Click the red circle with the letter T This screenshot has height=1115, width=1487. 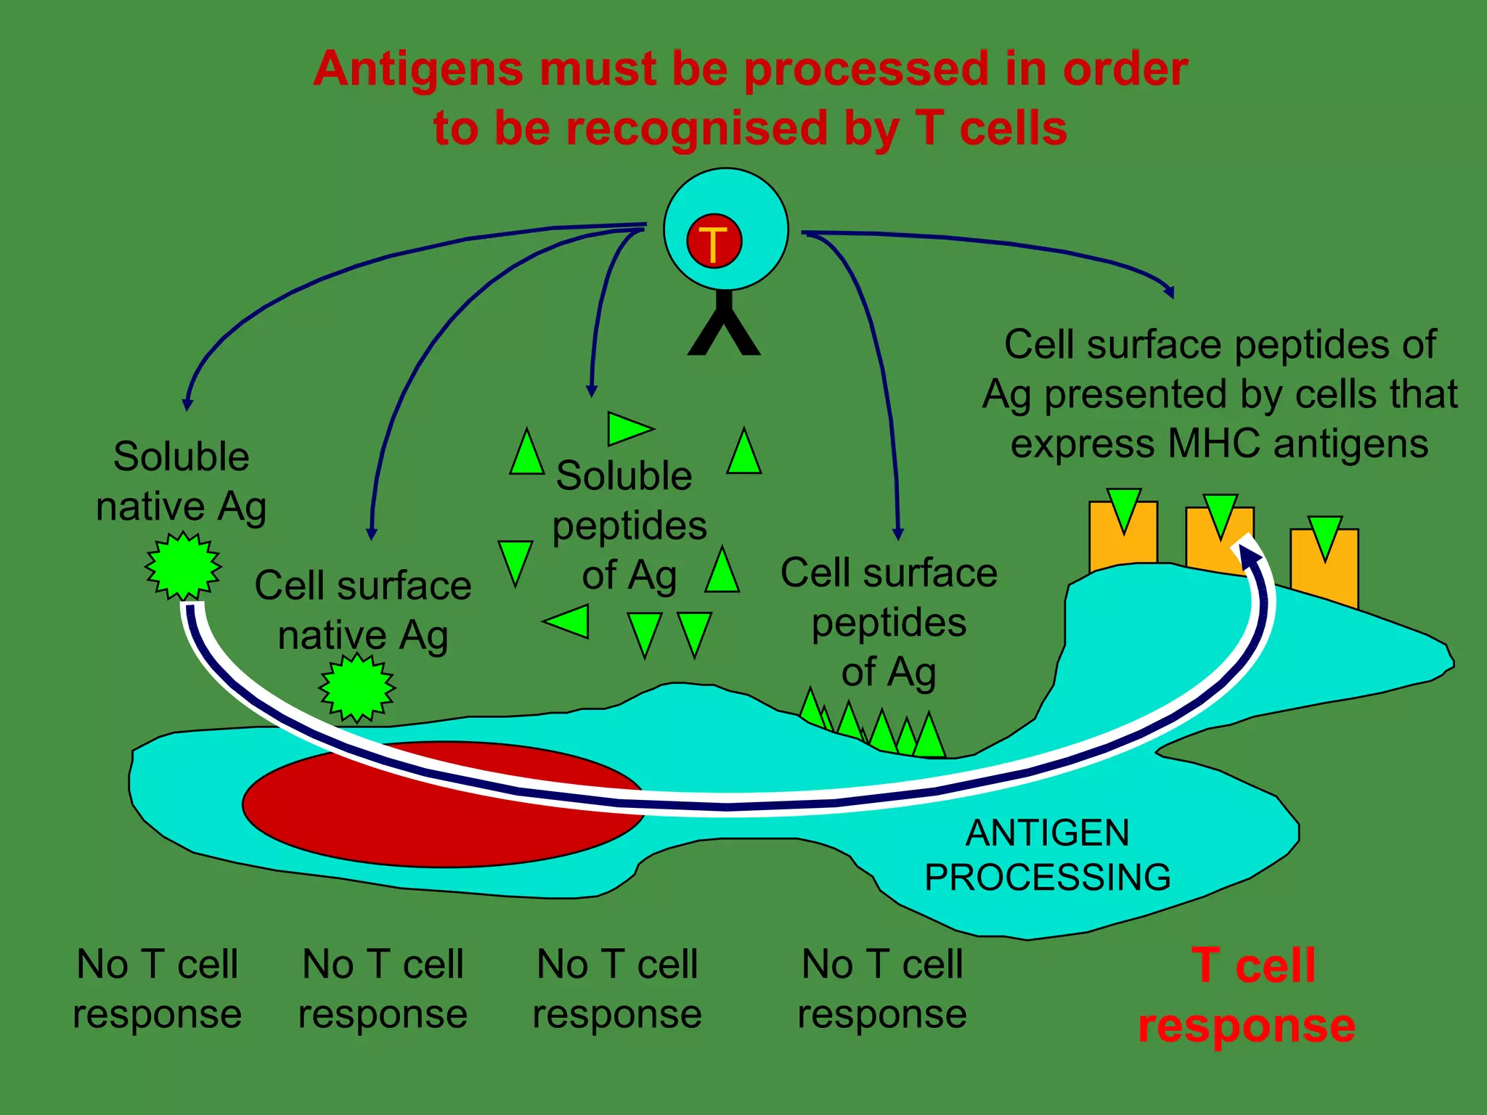(714, 242)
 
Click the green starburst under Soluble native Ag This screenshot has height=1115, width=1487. (183, 565)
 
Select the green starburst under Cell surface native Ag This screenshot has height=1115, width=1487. (357, 687)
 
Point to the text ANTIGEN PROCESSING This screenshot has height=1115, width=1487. (1047, 854)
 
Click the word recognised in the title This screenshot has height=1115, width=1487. (696, 128)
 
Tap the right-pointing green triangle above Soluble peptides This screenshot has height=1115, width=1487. (628, 428)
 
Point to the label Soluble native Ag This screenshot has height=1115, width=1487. (182, 481)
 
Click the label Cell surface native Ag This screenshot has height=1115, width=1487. (362, 610)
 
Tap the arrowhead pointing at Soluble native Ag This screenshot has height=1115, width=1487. (187, 404)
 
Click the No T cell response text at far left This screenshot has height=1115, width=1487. (157, 989)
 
